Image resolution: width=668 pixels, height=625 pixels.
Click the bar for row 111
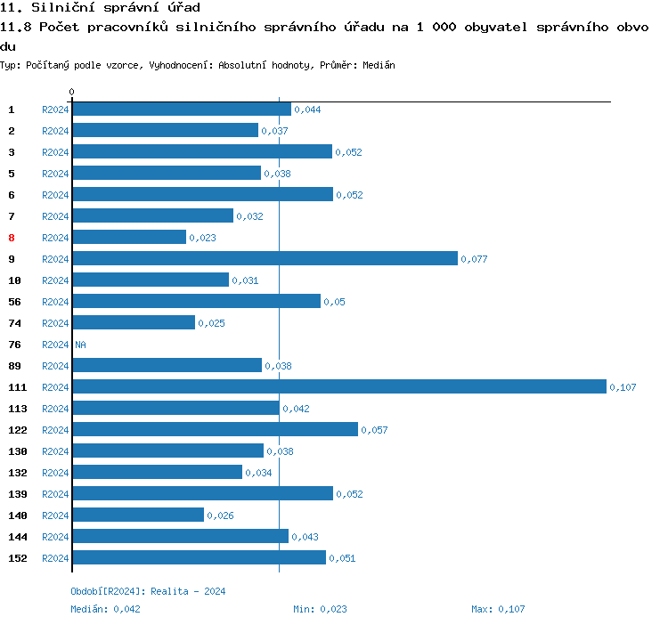338,386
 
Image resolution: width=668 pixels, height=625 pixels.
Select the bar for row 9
265,258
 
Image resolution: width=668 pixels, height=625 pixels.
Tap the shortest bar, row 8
129,237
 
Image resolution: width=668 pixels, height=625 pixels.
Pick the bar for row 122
215,429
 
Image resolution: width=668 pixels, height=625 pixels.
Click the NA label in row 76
80,345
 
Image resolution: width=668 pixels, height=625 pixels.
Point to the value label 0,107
623,387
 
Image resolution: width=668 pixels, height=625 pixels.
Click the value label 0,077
474,259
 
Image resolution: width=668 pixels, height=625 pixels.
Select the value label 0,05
334,302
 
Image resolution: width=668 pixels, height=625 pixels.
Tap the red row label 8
12,238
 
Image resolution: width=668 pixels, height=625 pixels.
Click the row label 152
18,558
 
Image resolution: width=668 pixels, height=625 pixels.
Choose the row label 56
14,302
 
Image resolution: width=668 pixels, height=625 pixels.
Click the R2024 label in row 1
55,110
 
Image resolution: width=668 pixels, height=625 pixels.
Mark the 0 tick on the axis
72,92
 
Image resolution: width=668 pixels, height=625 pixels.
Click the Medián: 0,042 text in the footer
105,609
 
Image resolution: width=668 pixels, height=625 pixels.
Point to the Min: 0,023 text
320,609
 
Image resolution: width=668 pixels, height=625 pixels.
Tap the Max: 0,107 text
498,609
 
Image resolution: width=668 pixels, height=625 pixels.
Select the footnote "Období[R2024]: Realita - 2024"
148,591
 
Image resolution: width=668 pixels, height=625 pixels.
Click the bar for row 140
138,515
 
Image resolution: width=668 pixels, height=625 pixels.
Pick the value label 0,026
220,515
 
